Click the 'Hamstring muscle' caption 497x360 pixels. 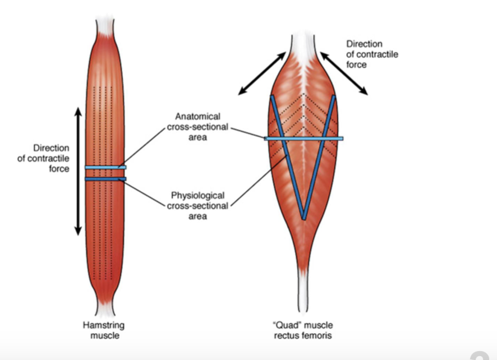104,330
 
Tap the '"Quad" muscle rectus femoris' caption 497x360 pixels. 303,330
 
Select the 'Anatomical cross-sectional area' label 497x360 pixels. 197,127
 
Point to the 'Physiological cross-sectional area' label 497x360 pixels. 197,206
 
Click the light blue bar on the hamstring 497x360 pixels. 105,167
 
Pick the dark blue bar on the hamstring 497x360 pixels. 105,179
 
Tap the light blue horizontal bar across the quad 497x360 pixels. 303,139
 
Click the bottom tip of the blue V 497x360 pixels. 303,219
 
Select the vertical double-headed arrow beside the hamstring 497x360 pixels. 78,172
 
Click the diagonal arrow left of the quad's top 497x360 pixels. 262,73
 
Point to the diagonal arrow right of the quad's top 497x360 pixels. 344,73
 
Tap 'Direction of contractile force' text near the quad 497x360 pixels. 372,54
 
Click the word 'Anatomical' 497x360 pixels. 197,116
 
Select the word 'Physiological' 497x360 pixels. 197,196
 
